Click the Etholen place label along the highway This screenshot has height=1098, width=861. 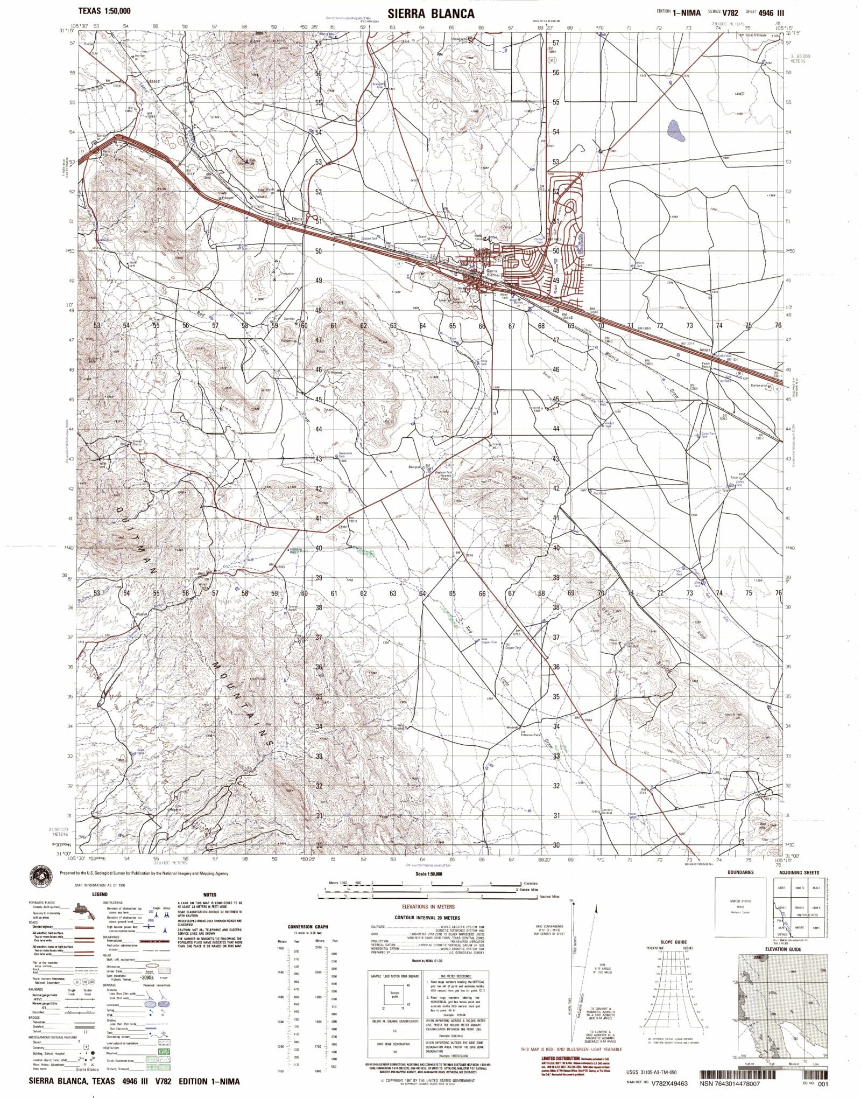click(x=298, y=219)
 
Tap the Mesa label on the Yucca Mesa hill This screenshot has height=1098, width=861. click(x=517, y=477)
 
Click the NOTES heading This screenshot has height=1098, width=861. click(x=210, y=894)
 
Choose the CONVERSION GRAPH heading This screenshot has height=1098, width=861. click(x=307, y=927)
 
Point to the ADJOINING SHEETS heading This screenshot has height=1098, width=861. click(x=800, y=872)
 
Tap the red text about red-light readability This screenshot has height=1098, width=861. click(x=571, y=1049)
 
